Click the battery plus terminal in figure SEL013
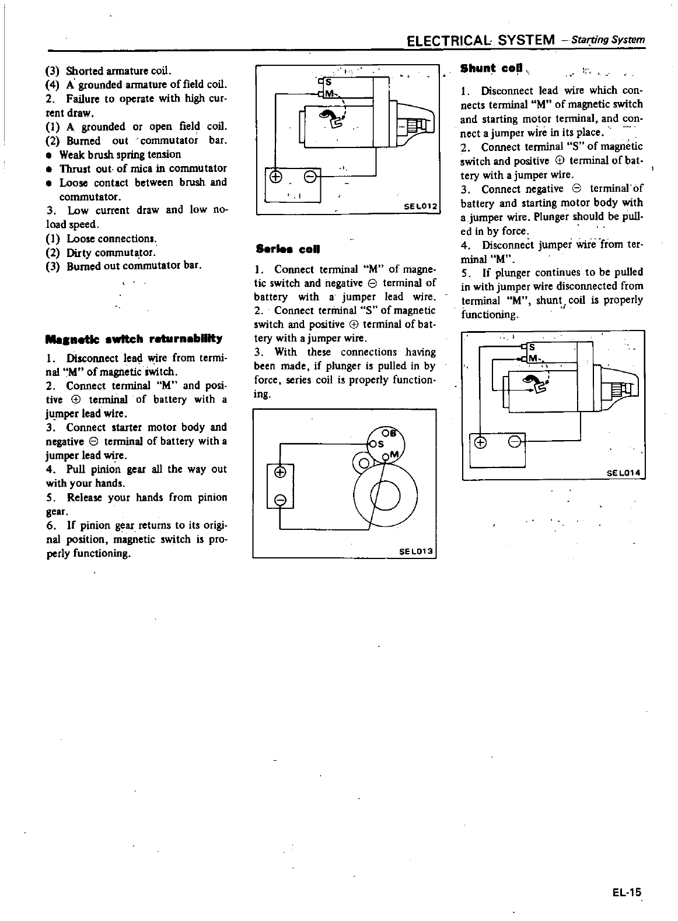tap(279, 472)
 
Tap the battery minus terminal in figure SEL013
tap(279, 499)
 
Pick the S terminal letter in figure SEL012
tap(327, 82)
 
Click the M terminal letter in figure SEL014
tap(533, 358)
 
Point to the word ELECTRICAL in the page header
tap(450, 40)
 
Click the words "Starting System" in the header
tap(609, 40)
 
